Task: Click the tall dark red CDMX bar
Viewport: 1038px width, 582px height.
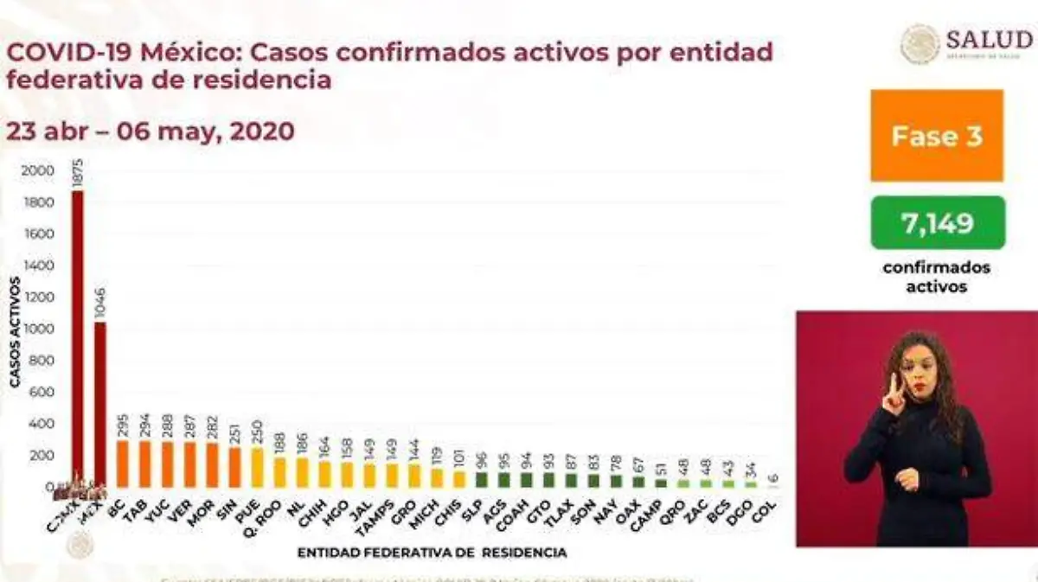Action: [78, 337]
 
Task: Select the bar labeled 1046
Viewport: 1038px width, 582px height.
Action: [100, 402]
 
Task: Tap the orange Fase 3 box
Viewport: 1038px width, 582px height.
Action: [937, 136]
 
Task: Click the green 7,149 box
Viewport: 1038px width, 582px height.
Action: [938, 223]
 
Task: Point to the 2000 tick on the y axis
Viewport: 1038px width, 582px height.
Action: [38, 171]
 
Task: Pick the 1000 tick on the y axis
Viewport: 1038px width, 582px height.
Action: [38, 329]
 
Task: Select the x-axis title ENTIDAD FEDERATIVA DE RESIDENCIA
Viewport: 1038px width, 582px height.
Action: [432, 552]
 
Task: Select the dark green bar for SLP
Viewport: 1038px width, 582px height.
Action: [482, 480]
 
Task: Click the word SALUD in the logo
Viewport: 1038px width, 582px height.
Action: [989, 40]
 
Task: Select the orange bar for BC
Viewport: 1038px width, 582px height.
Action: [123, 464]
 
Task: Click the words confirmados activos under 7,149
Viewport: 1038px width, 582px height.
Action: [937, 277]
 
